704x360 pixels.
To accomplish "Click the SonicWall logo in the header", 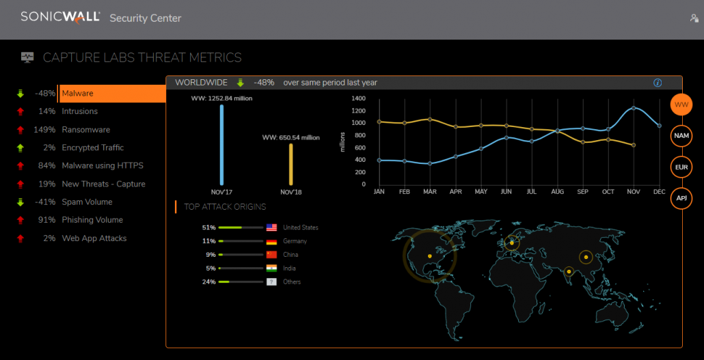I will tap(60, 16).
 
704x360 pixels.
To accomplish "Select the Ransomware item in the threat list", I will tap(85, 130).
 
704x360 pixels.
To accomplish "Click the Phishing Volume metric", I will tap(92, 220).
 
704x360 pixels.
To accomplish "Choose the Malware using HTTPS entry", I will tap(103, 166).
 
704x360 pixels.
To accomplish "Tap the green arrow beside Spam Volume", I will tap(21, 202).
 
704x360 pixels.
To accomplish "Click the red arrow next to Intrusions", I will tap(21, 111).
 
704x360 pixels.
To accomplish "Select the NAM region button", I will tap(681, 135).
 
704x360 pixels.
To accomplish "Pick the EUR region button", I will tap(681, 167).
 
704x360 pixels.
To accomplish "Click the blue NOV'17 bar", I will tap(221, 144).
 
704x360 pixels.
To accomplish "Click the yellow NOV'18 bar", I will tap(290, 164).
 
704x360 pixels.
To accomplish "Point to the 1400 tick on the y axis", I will tap(358, 98).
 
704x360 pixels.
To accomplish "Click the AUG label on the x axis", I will tap(557, 193).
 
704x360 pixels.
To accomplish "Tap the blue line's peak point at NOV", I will tap(634, 108).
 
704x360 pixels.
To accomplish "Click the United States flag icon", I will tap(271, 227).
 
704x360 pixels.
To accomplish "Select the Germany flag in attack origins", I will tap(271, 241).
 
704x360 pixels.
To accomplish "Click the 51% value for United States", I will tap(208, 227).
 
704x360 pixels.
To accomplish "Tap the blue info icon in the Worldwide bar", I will tap(658, 83).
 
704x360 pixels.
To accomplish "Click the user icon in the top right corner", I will tap(694, 18).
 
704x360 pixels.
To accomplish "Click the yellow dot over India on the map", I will tap(568, 271).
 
